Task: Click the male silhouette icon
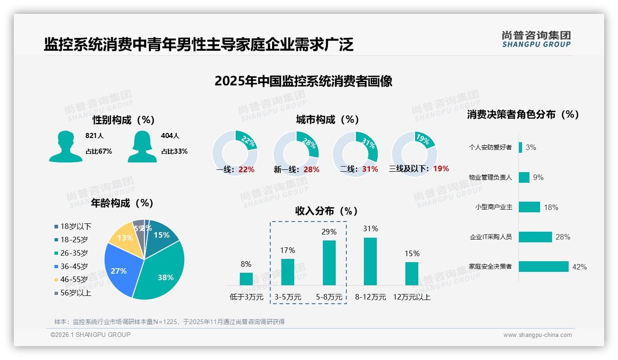coord(65,147)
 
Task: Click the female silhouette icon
coord(142,147)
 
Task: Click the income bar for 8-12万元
coord(370,261)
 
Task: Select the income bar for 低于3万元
coord(246,279)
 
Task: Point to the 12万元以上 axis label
coord(411,297)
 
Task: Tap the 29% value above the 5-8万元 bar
coord(329,232)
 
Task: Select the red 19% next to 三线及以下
coord(441,169)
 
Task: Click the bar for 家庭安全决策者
coord(543,266)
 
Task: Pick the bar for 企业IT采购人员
coord(535,237)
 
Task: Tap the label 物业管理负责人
coord(490,177)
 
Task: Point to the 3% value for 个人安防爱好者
coord(530,148)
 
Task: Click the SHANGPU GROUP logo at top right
coord(536,39)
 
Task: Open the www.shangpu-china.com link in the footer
coord(537,335)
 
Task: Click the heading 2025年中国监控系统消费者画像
coord(303,81)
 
